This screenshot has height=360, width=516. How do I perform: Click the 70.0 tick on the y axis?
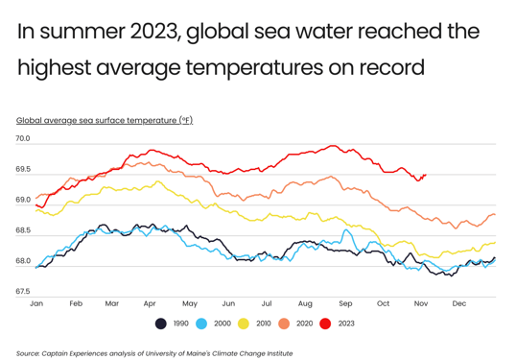(22, 139)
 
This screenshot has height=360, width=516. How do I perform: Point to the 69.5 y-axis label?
(22, 170)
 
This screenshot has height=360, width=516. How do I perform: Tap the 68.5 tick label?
(22, 230)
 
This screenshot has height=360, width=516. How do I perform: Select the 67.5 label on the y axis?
(22, 292)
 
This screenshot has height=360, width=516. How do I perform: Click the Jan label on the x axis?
(36, 303)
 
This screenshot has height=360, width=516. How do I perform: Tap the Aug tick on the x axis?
(305, 303)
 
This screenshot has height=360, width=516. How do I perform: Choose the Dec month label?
(458, 303)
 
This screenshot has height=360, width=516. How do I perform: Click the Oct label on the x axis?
(383, 303)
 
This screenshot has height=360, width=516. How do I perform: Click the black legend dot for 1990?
(160, 324)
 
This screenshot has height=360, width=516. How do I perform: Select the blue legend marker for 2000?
(201, 324)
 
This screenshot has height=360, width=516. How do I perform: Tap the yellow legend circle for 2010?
(243, 324)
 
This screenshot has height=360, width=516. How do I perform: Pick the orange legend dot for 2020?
(284, 324)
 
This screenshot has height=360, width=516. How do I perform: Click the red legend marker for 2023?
(325, 324)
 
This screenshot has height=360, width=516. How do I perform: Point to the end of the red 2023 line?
(425, 176)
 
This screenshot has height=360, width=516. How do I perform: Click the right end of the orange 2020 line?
(495, 215)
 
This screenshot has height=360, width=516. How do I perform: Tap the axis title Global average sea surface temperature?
(104, 120)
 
